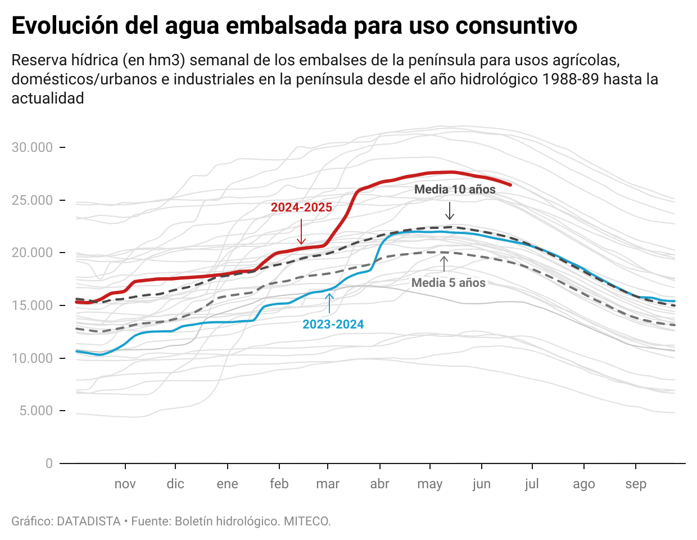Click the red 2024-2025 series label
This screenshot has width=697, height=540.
[x=301, y=208]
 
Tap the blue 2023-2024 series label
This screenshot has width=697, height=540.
[x=333, y=325]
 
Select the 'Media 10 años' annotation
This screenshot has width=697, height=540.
[x=455, y=190]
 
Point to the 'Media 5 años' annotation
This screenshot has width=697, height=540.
[x=448, y=283]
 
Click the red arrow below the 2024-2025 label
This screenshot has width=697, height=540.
[x=301, y=231]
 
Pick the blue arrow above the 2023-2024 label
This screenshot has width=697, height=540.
[x=329, y=303]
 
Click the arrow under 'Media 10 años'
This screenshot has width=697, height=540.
[x=449, y=210]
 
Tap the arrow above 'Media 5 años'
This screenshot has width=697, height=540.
[x=444, y=264]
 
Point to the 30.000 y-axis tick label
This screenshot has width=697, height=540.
[x=33, y=147]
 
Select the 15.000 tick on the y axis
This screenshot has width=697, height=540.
[x=33, y=305]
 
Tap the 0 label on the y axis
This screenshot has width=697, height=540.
[x=49, y=463]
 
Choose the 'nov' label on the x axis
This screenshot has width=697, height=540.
[x=125, y=484]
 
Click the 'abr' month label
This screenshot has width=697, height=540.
[x=379, y=484]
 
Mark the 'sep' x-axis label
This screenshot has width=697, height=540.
[x=636, y=484]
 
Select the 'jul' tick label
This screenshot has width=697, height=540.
[x=532, y=484]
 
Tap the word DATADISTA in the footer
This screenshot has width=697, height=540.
[x=89, y=521]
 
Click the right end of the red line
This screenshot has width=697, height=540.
[x=510, y=184]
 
